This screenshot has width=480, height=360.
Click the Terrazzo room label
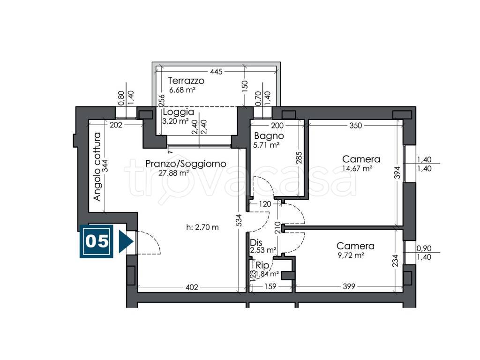[186, 81]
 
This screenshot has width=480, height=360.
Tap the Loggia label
[179, 112]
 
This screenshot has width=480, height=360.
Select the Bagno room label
[269, 135]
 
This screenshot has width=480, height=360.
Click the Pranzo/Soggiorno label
[186, 164]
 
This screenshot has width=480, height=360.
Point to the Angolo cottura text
[97, 166]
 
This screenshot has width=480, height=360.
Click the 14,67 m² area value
[357, 168]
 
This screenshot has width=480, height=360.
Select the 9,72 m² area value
[351, 255]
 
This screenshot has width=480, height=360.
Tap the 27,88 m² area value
[173, 173]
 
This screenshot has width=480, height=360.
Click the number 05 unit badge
[97, 241]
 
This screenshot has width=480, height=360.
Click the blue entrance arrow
[125, 241]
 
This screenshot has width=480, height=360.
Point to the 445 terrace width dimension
[216, 72]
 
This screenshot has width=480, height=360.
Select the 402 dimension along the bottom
[192, 287]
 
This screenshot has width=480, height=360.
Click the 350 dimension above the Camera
[355, 126]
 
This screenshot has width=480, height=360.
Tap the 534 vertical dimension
[239, 220]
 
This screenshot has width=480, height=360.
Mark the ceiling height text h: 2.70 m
[202, 227]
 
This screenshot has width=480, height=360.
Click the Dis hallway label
[256, 243]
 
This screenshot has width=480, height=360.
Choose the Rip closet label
[262, 265]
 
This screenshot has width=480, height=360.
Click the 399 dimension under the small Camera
[349, 286]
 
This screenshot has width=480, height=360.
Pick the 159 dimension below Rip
[270, 286]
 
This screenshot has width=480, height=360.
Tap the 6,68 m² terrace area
[182, 90]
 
